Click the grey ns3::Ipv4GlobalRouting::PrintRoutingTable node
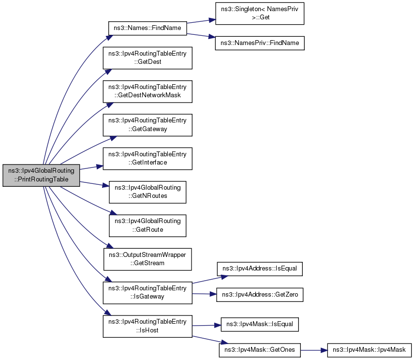[41, 175]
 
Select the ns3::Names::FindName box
[148, 28]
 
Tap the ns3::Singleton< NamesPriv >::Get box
[260, 14]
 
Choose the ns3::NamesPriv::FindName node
[260, 43]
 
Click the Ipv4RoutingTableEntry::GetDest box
[148, 58]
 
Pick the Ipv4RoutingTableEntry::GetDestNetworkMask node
[148, 91]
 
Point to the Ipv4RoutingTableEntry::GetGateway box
[148, 125]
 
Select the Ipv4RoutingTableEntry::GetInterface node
[148, 159]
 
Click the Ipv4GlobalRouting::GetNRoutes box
[148, 192]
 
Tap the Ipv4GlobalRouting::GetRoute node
[148, 225]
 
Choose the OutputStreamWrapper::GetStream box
[148, 259]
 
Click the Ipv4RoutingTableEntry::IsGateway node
[148, 293]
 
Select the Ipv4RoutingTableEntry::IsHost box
[148, 326]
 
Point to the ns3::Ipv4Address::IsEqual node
[260, 269]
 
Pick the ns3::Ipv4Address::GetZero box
[260, 295]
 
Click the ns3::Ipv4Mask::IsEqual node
[260, 324]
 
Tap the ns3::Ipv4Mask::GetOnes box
[260, 350]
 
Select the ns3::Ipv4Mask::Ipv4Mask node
[370, 350]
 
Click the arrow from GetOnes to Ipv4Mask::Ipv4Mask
[314, 350]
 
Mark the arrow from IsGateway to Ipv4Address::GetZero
[205, 294]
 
